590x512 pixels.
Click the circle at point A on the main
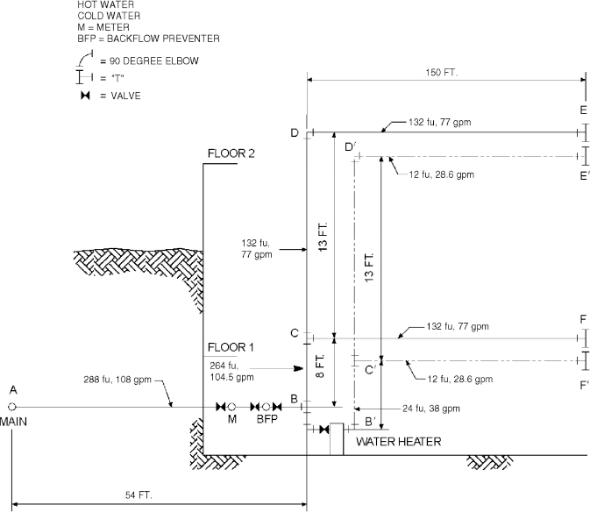(12, 407)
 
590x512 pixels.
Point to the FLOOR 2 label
(231, 153)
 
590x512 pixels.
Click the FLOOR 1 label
(231, 347)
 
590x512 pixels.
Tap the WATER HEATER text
(398, 442)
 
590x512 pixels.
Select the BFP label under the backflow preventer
(266, 420)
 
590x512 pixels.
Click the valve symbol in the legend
(85, 95)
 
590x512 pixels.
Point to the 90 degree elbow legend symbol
(85, 58)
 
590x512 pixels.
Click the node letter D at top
(295, 132)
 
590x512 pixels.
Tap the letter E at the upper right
(583, 110)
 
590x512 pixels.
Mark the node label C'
(370, 371)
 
